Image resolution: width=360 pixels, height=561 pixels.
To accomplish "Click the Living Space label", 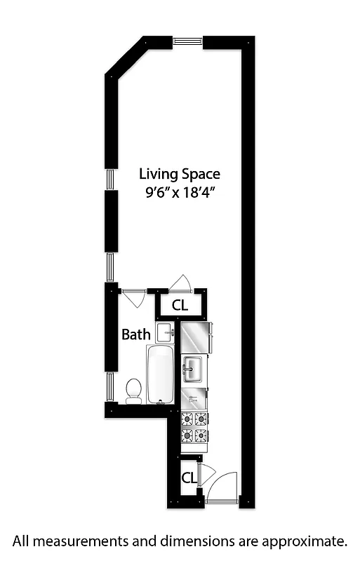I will point(179,174).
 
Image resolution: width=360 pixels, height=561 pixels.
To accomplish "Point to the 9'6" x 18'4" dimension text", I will point(179,194).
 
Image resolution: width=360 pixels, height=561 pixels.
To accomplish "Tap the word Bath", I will point(135,334).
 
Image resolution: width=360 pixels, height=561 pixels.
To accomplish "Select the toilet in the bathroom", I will point(133,390).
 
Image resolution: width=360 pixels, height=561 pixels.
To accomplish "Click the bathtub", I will point(160,374).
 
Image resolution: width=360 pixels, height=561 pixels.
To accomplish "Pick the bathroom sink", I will point(165,332).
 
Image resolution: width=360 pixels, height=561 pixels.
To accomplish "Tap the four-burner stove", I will point(195,427).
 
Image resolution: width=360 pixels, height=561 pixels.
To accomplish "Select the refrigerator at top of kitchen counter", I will point(196,337).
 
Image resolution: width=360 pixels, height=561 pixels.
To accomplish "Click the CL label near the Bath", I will point(180,306).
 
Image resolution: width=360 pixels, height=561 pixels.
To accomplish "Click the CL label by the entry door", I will point(189,478).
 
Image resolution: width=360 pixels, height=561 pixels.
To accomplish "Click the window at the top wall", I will point(187,41).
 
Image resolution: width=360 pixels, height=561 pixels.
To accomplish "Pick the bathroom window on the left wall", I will point(109,386).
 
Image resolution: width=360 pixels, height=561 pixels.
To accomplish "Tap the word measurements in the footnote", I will point(78,541).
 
